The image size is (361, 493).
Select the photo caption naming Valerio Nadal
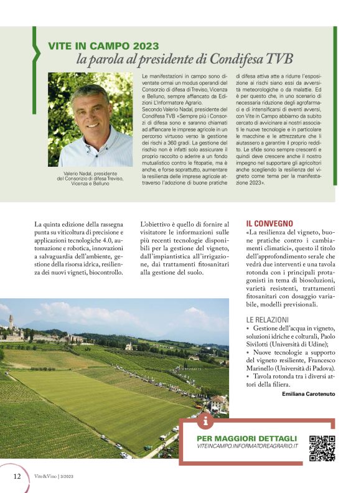point(90,177)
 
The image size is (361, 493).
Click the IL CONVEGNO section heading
point(269,222)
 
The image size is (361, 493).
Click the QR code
point(322,448)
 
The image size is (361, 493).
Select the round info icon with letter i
point(206,421)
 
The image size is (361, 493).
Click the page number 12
point(17,476)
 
